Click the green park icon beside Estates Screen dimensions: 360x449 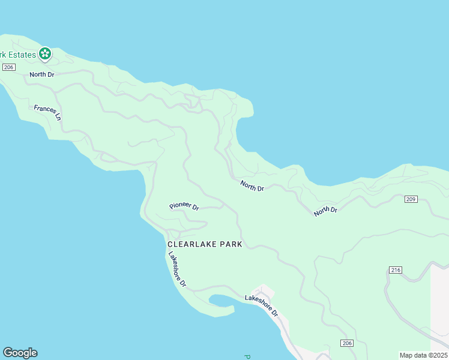[x=45, y=54]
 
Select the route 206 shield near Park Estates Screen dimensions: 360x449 [x=8, y=67]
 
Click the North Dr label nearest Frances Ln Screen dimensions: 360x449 [x=42, y=75]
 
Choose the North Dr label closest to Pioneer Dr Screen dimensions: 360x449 [x=252, y=186]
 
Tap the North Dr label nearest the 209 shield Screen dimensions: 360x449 [x=326, y=211]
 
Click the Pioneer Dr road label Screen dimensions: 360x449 [x=184, y=206]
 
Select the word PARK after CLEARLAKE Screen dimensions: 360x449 [x=232, y=244]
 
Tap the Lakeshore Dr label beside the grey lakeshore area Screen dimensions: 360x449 [x=262, y=305]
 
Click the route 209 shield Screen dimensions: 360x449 [x=411, y=199]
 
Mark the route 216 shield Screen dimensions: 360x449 [x=394, y=270]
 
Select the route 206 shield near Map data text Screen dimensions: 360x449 [x=346, y=343]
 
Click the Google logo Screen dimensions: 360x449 [x=20, y=353]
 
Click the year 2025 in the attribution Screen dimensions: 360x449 [x=438, y=355]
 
